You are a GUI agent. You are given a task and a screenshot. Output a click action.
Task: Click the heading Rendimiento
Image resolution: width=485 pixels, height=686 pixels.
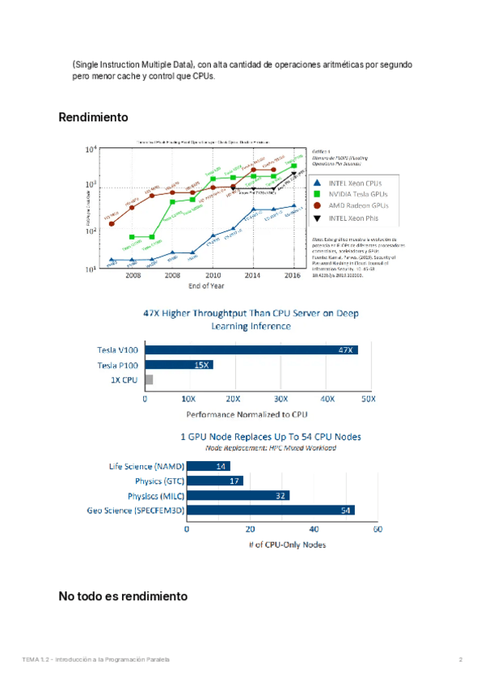pos(93,117)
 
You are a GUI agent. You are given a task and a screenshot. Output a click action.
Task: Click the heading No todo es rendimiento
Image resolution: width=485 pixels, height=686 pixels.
pos(123,596)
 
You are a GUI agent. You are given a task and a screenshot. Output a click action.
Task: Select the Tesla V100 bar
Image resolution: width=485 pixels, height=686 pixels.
pos(251,349)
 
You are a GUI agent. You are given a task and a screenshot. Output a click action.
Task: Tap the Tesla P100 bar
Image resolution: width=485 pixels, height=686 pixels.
pos(179,365)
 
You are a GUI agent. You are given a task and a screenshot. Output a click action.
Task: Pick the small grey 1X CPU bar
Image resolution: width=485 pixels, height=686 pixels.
pos(149,379)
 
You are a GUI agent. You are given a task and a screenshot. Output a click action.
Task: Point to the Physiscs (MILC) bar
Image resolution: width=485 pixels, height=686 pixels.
pos(238,495)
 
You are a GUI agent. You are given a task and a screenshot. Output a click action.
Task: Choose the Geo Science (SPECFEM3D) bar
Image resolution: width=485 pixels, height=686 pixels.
pos(271,510)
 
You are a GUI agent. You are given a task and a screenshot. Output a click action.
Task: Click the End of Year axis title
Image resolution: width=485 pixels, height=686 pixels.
pos(206,286)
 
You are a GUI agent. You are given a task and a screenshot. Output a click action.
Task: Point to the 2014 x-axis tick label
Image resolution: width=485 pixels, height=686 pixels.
pos(253,276)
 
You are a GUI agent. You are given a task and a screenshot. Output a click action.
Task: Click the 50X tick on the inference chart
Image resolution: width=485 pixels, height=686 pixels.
pos(368,400)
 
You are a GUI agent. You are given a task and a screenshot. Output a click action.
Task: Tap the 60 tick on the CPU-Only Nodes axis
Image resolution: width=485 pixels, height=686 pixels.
pos(376,529)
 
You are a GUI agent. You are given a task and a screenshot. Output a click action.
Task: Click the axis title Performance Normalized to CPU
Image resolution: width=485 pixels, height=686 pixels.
pos(247,414)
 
